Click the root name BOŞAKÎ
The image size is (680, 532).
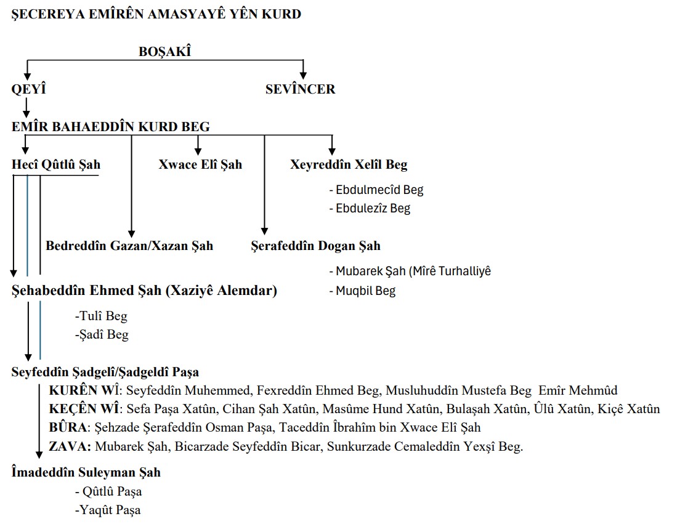[x=164, y=52]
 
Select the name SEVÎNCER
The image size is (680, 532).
[x=300, y=89]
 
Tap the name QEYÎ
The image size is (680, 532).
[x=29, y=89]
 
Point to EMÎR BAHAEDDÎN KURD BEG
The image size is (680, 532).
[x=111, y=127]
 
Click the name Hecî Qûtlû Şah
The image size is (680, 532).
[x=56, y=165]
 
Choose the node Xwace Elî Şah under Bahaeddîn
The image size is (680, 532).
[x=200, y=165]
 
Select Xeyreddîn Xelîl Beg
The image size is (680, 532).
[x=349, y=165]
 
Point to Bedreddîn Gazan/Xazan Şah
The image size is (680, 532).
[x=129, y=246]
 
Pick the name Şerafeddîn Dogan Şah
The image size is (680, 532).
[x=316, y=246]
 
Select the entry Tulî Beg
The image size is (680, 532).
[x=101, y=316]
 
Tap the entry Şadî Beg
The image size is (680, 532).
[x=102, y=335]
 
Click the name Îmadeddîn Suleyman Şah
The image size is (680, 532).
[x=86, y=473]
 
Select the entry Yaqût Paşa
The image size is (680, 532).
[x=108, y=510]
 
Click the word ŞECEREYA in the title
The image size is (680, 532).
[x=45, y=14]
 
